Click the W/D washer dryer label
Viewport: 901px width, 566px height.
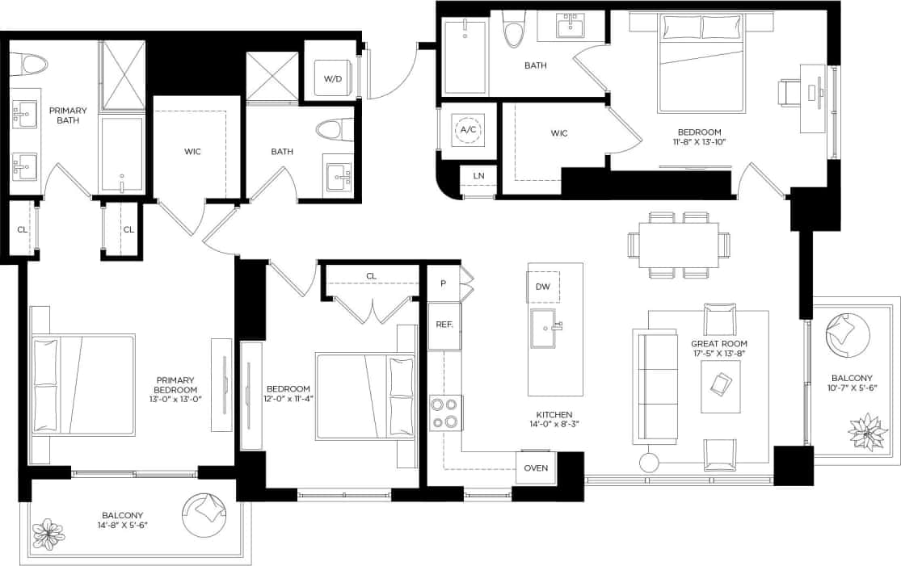332,79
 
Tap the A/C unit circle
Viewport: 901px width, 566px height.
468,130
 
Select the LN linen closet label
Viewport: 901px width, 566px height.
478,176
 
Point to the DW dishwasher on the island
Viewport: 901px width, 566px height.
542,287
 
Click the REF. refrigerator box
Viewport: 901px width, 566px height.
444,324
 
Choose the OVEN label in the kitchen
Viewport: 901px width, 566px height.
536,468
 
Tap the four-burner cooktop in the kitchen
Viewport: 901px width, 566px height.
446,413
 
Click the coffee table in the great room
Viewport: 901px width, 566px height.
721,385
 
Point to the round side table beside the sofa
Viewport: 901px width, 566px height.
650,463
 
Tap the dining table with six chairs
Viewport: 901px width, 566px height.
678,245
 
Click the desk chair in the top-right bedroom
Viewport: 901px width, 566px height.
789,92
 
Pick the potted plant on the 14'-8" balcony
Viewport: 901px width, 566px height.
48,535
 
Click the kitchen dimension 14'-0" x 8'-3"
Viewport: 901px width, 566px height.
554,424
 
